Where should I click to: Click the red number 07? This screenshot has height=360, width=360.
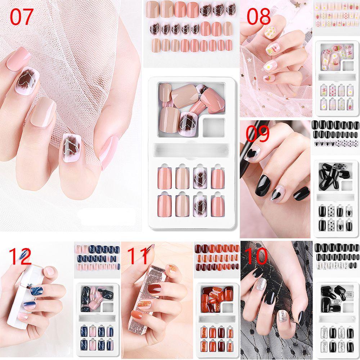[22, 17]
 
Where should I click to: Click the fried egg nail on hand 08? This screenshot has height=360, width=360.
[268, 66]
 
